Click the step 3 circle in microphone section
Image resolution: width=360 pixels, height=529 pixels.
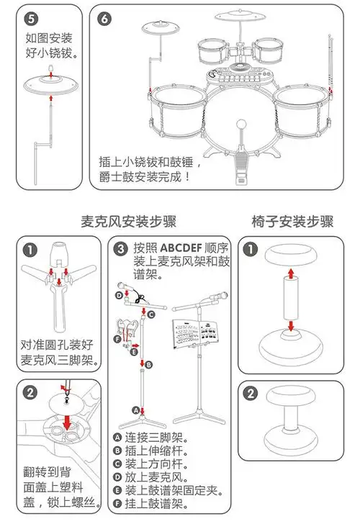[x=122, y=250]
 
